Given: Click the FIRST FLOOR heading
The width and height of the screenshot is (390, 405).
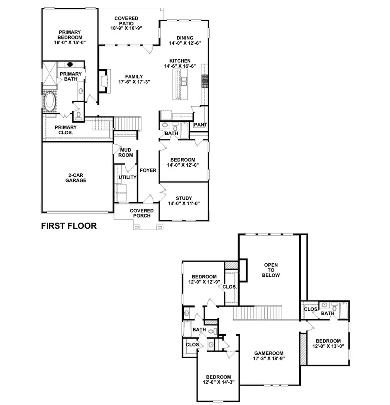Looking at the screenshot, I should click(x=68, y=226).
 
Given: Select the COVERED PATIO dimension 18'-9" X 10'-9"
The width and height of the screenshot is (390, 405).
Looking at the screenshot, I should click(x=126, y=28).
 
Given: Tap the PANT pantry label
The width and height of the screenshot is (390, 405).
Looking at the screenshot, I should click(x=200, y=125).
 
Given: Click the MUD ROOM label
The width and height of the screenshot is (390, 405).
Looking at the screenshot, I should click(x=126, y=152).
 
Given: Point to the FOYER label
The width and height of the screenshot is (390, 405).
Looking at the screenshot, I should click(x=148, y=170).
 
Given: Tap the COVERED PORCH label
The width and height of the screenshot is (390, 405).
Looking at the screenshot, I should click(x=140, y=213).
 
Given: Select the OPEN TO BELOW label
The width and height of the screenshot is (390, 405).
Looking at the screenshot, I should click(x=272, y=270).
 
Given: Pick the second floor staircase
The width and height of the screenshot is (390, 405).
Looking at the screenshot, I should click(x=258, y=313).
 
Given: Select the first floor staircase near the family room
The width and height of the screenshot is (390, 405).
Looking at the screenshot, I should click(x=127, y=124).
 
